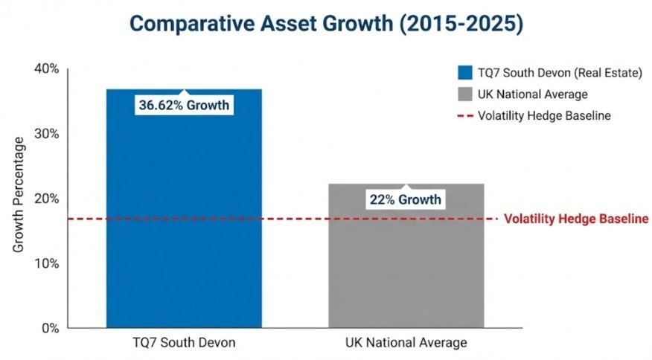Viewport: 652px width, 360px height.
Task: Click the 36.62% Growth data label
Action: pyautogui.click(x=184, y=106)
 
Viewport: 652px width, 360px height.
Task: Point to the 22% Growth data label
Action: pyautogui.click(x=406, y=199)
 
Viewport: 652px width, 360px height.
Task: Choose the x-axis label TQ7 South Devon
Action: pyautogui.click(x=184, y=343)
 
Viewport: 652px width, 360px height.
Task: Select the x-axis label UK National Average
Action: pyautogui.click(x=406, y=343)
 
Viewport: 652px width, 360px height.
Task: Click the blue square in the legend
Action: pyautogui.click(x=465, y=73)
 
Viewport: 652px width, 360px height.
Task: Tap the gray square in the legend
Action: pyautogui.click(x=465, y=94)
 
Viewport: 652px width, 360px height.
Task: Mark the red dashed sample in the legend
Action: pyautogui.click(x=465, y=116)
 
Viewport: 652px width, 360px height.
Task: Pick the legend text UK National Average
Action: pyautogui.click(x=533, y=94)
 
